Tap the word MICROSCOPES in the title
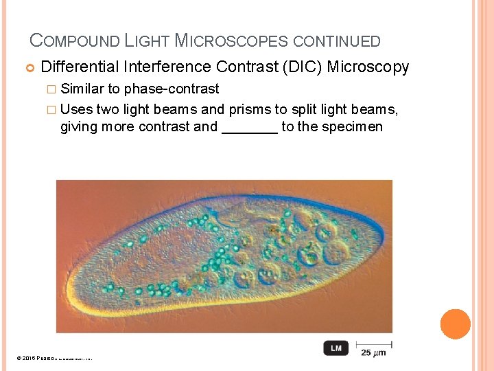pos(232,41)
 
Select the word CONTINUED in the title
pos(336,41)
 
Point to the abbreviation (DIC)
pos(301,67)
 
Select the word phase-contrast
pos(172,89)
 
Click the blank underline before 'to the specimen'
pos(250,127)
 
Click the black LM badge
pos(336,348)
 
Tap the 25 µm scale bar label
pos(373,352)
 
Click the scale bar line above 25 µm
pos(374,343)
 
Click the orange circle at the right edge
pos(455,324)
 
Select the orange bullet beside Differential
pos(30,67)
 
